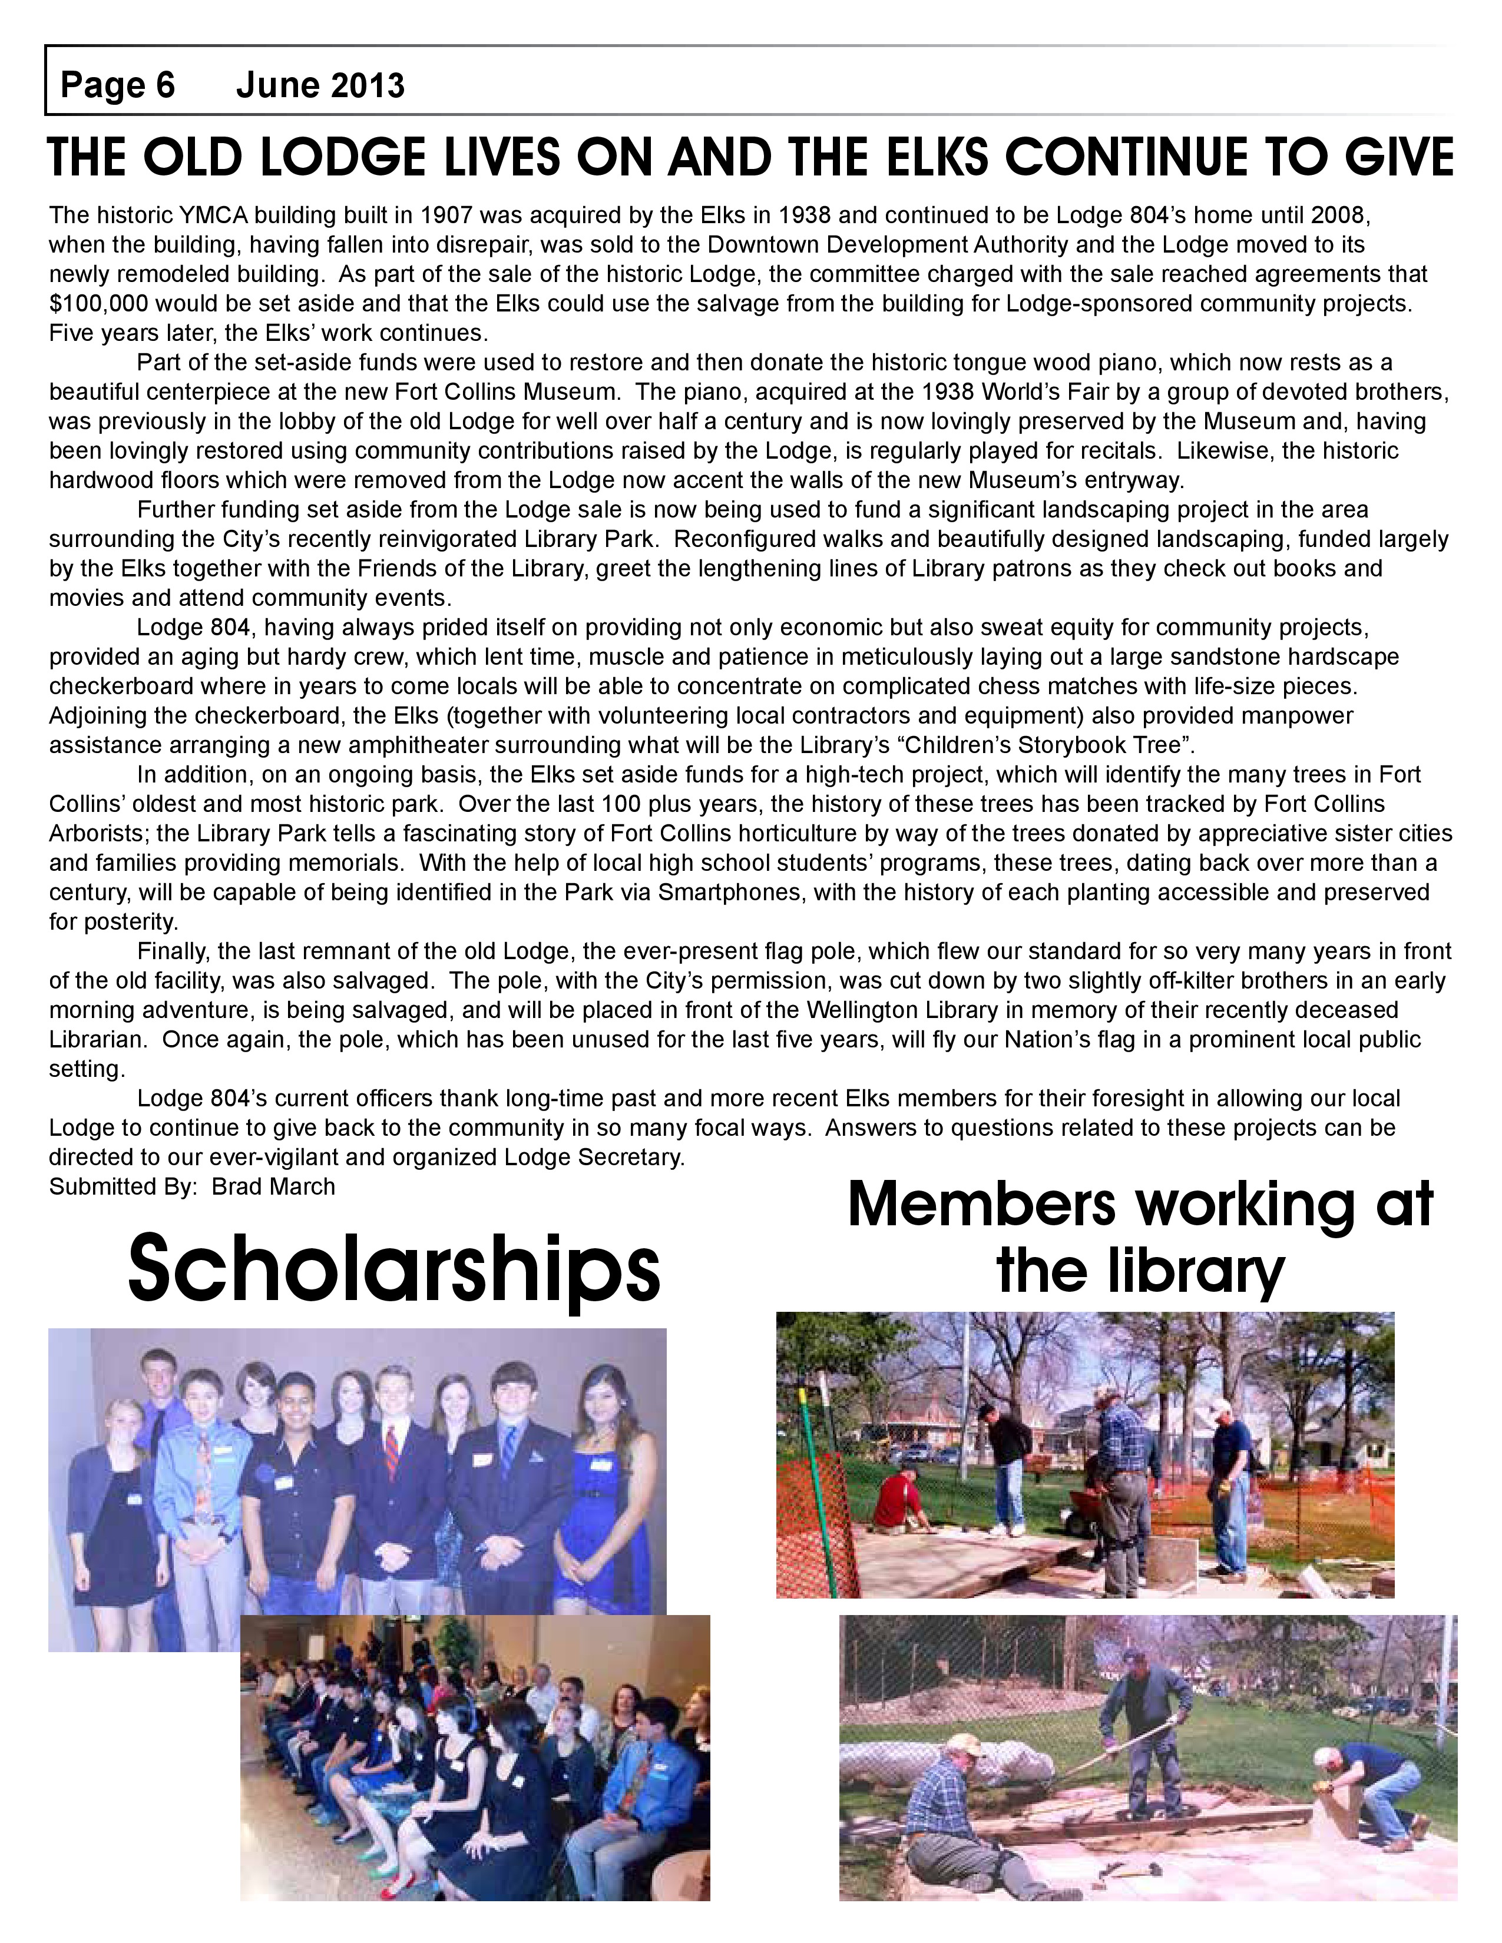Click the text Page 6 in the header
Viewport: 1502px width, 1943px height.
[117, 85]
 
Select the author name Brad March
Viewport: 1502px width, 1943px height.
[273, 1187]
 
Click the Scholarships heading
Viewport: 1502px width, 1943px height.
[394, 1268]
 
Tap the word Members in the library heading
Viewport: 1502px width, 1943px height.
[981, 1205]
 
